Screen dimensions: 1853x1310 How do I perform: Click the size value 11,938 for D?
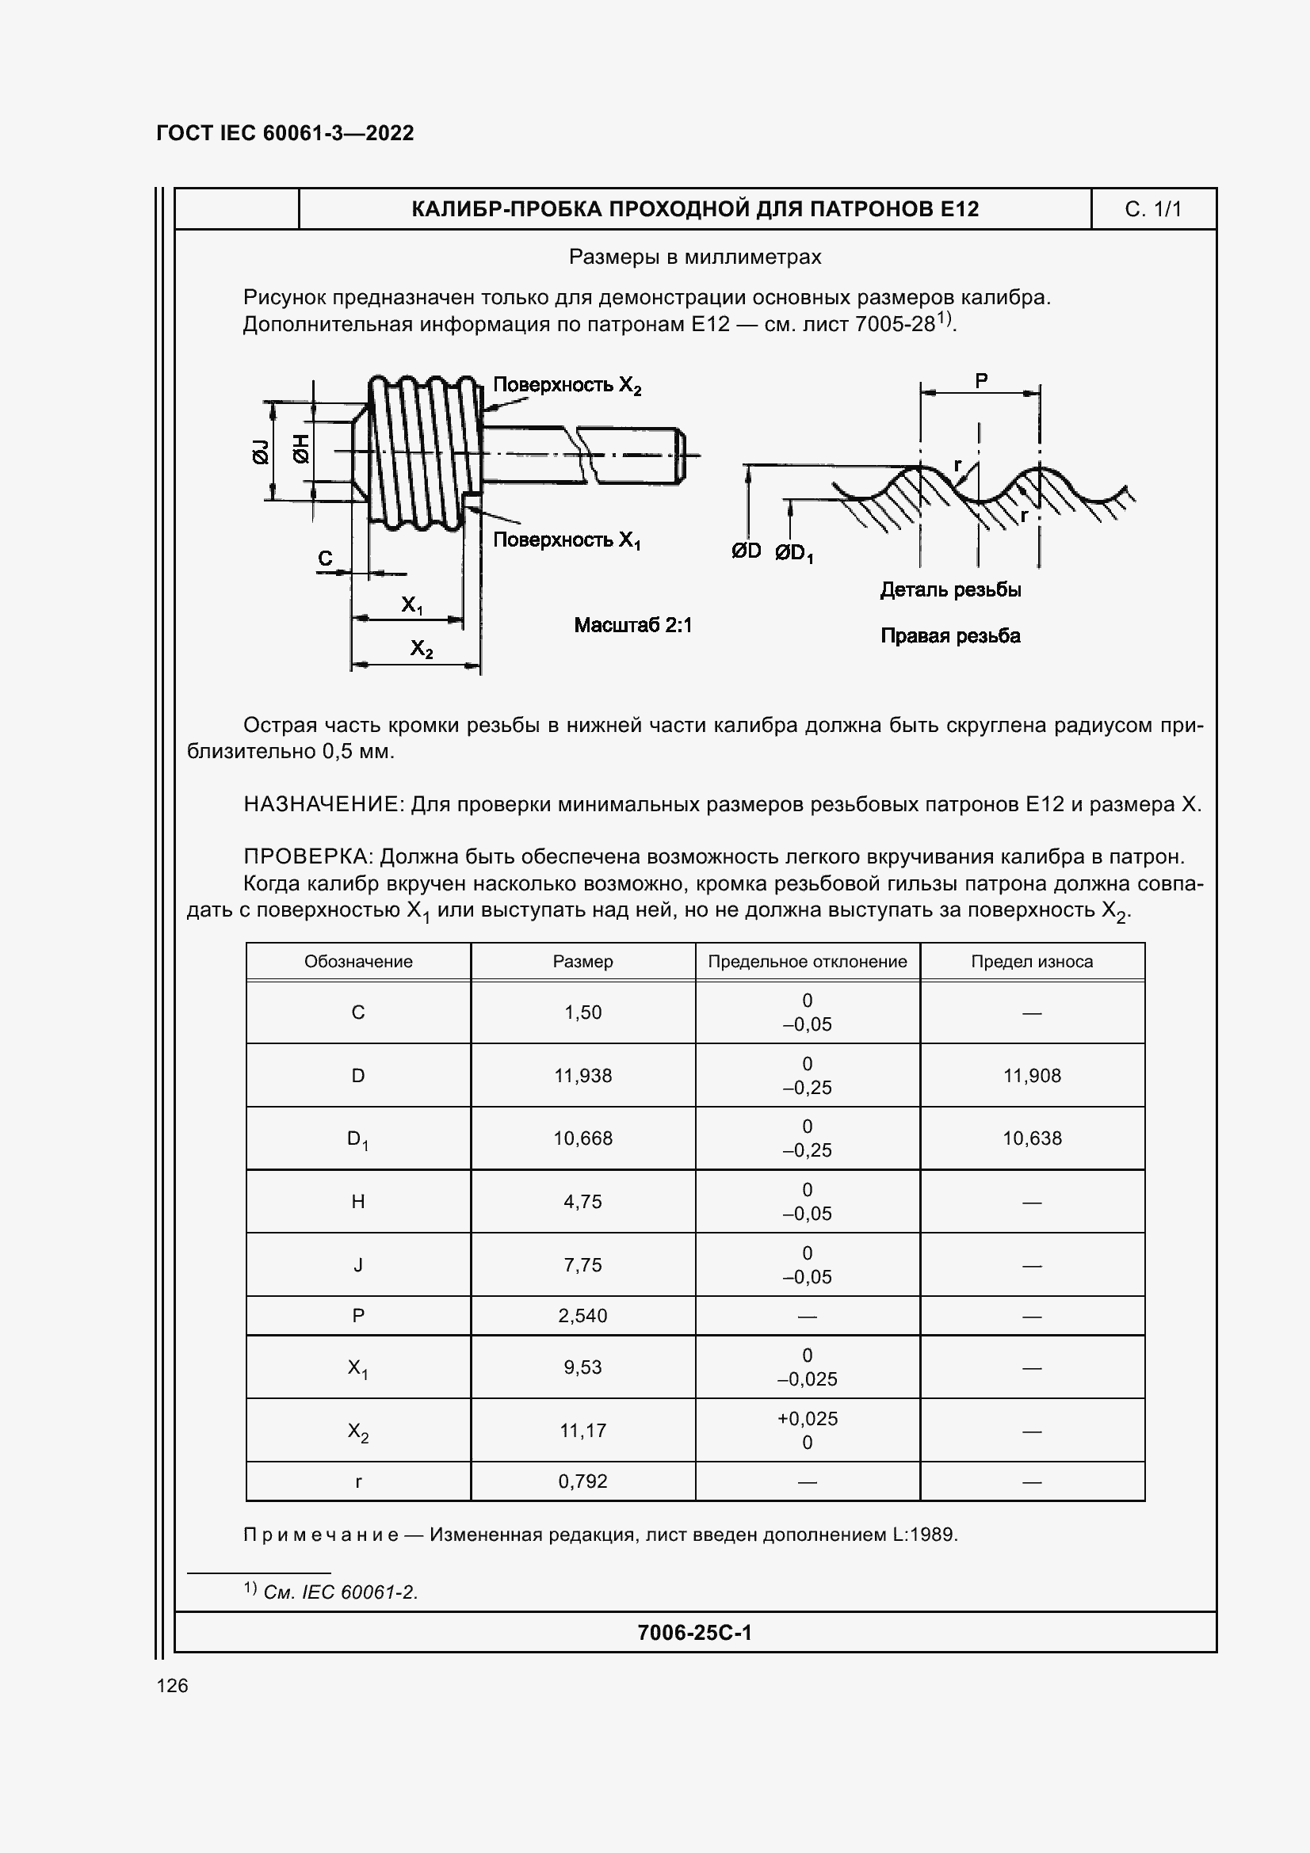click(582, 1075)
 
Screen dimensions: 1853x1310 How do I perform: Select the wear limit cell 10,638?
click(1032, 1138)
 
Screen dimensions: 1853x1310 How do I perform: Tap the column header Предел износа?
click(1032, 961)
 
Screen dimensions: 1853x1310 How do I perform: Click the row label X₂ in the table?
click(357, 1432)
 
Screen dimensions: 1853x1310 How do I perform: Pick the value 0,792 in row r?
click(582, 1481)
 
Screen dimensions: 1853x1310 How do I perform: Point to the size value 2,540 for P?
click(582, 1316)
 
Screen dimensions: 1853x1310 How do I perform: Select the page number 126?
click(172, 1685)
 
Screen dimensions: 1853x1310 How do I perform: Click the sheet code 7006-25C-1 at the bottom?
click(694, 1633)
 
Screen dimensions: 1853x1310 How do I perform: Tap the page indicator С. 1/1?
click(1152, 209)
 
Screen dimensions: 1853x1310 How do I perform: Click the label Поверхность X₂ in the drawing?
click(567, 385)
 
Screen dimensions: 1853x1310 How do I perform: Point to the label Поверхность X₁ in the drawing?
click(567, 540)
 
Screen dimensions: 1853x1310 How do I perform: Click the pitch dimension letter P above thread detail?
click(980, 380)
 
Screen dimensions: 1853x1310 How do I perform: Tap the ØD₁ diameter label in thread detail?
click(794, 554)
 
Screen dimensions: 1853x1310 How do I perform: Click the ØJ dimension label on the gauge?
click(261, 452)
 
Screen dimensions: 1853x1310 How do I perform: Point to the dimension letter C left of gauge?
click(325, 558)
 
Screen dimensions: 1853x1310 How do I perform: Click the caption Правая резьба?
click(950, 636)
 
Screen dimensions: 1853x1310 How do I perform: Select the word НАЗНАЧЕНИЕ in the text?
click(322, 804)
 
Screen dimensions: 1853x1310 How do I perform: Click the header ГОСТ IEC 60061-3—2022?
click(285, 133)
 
